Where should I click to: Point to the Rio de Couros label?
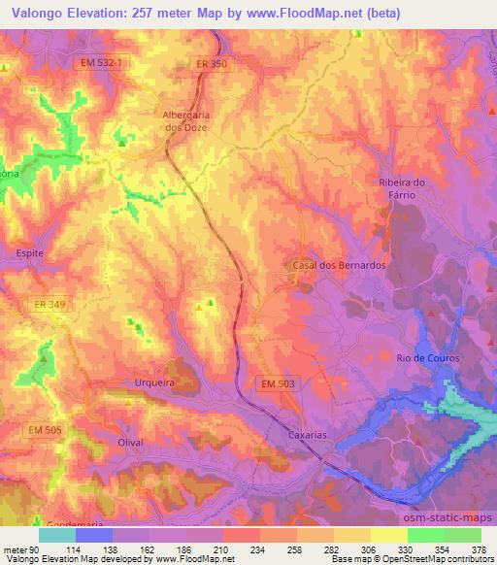tap(427, 358)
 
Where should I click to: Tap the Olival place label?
tap(129, 442)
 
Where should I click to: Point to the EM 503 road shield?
tap(282, 384)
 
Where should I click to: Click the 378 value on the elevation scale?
tap(478, 550)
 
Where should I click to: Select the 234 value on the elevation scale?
tap(232, 550)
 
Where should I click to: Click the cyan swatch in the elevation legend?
tap(57, 535)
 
